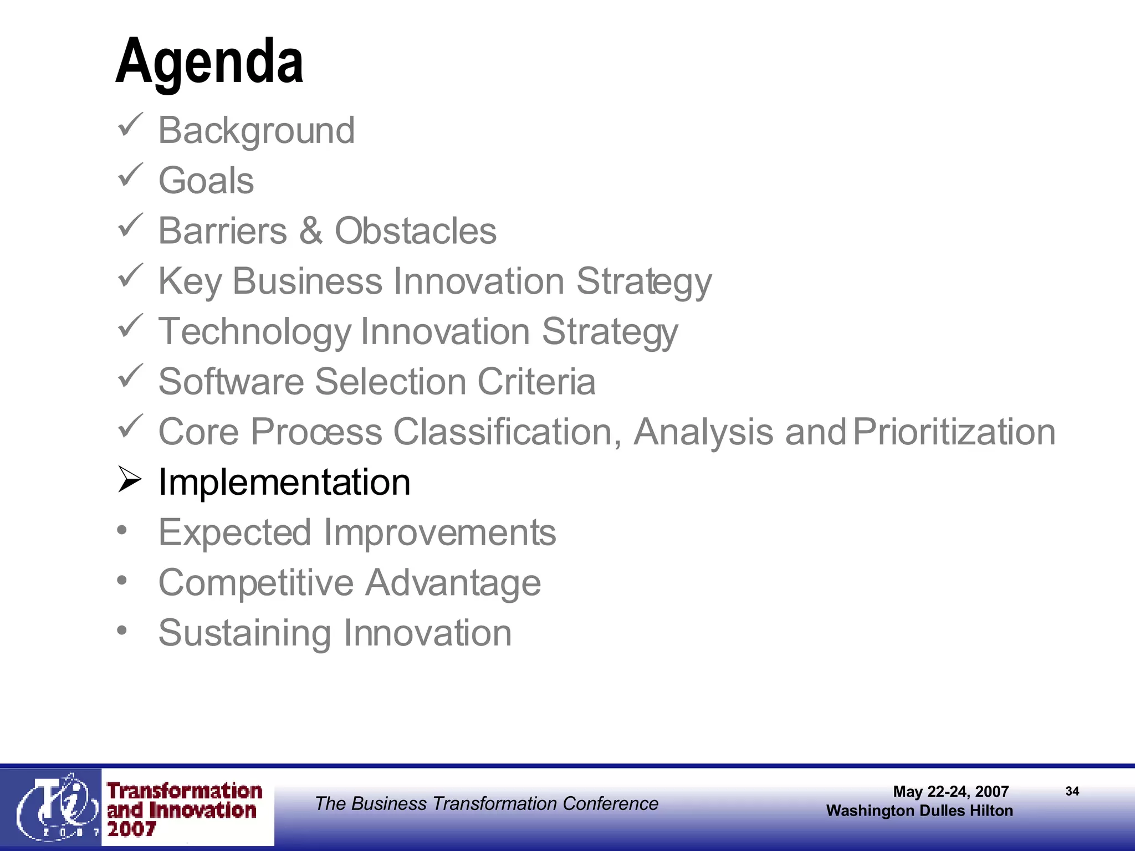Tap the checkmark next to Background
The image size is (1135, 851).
pyautogui.click(x=131, y=125)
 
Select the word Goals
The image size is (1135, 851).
pyautogui.click(x=206, y=181)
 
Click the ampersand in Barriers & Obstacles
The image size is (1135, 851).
pyautogui.click(x=311, y=230)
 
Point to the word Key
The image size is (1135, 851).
pyautogui.click(x=190, y=281)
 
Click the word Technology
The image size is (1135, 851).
pyautogui.click(x=254, y=331)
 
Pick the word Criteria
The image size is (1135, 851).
pyautogui.click(x=536, y=382)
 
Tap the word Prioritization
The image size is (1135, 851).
pyautogui.click(x=954, y=432)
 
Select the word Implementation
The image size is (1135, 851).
pyautogui.click(x=284, y=482)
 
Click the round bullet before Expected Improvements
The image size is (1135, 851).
pyautogui.click(x=122, y=530)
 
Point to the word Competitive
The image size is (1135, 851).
pyautogui.click(x=255, y=583)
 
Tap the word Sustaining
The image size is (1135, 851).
pyautogui.click(x=244, y=633)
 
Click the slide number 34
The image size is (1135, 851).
pyautogui.click(x=1072, y=791)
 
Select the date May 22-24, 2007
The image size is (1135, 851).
pyautogui.click(x=950, y=791)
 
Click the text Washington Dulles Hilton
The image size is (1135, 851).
pyautogui.click(x=919, y=811)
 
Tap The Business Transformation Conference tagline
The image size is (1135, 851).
pyautogui.click(x=486, y=803)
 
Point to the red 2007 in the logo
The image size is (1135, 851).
pyautogui.click(x=131, y=829)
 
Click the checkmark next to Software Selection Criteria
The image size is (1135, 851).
pyautogui.click(x=131, y=377)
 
